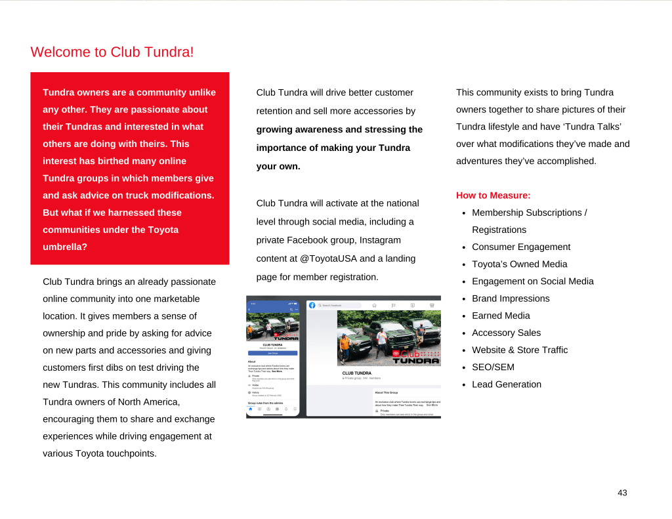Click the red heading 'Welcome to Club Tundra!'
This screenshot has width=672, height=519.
pyautogui.click(x=112, y=52)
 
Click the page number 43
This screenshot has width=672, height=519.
pyautogui.click(x=622, y=493)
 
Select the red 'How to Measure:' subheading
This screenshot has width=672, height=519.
pyautogui.click(x=493, y=196)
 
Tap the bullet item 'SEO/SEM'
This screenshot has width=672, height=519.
pyautogui.click(x=493, y=367)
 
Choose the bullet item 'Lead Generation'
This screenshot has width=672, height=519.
pyautogui.click(x=506, y=384)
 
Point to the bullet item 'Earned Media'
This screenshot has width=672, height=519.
pyautogui.click(x=501, y=316)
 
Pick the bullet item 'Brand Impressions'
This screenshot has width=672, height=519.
pyautogui.click(x=511, y=299)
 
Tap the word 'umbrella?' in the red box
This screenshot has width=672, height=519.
pyautogui.click(x=65, y=247)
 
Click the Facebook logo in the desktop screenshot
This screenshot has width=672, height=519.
pyautogui.click(x=312, y=305)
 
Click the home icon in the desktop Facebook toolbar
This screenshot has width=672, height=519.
pyautogui.click(x=374, y=305)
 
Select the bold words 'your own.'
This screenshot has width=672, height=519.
pyautogui.click(x=278, y=166)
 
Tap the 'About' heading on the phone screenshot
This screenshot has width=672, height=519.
pyautogui.click(x=251, y=362)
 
